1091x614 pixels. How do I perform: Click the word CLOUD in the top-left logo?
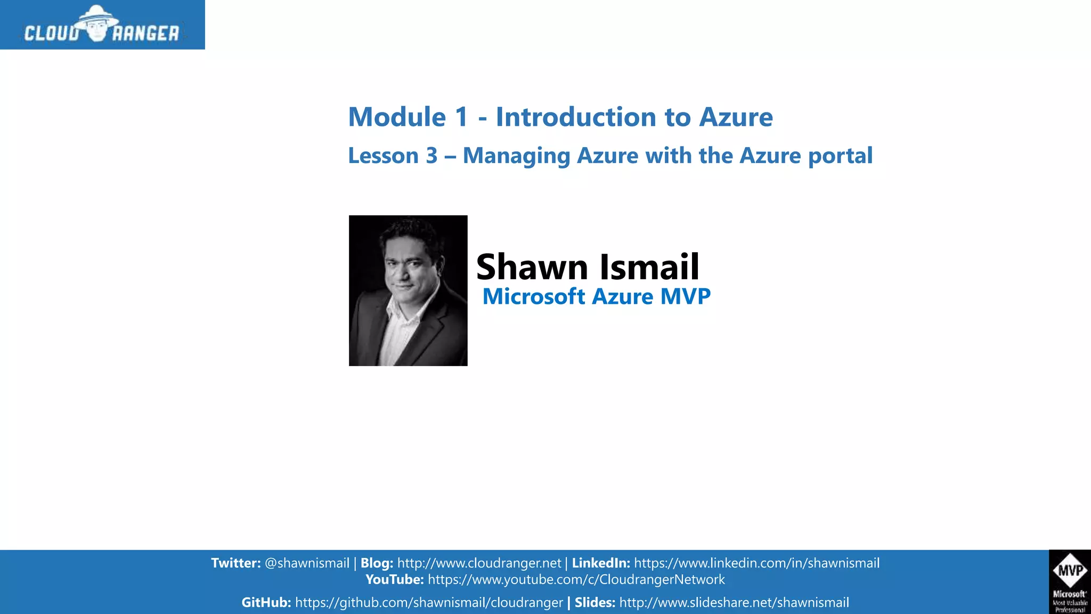click(x=52, y=34)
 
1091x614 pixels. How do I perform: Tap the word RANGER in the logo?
click(x=145, y=34)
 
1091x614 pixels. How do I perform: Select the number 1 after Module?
click(x=461, y=117)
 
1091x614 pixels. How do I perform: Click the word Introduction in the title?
click(x=575, y=117)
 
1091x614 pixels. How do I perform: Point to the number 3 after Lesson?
click(x=431, y=156)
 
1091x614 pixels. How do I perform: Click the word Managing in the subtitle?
click(x=516, y=156)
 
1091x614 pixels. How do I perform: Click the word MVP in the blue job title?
click(x=685, y=296)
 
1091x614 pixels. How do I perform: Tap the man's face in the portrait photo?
click(x=408, y=264)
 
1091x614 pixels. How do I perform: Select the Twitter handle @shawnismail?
click(x=307, y=563)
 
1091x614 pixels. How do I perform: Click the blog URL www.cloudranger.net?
click(x=479, y=563)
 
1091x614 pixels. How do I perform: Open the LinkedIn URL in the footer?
click(x=756, y=563)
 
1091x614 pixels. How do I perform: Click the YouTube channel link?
click(x=576, y=580)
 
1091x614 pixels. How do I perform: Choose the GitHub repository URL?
click(x=429, y=603)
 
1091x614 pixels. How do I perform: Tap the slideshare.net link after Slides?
click(x=734, y=603)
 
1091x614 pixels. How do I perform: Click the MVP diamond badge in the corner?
click(x=1070, y=571)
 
